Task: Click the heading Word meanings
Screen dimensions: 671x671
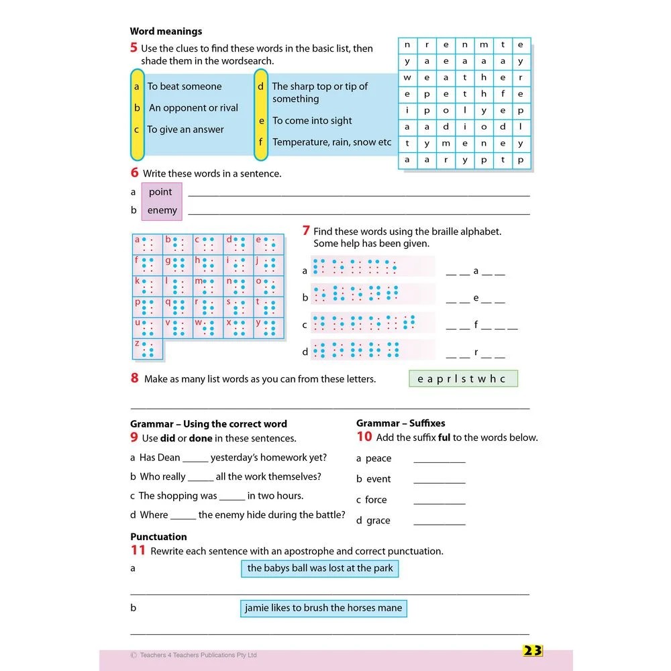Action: point(166,32)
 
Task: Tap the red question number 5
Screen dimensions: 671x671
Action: point(134,48)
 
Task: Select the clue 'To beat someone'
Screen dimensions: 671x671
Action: point(185,87)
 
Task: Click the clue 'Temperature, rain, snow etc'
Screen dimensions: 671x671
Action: point(331,142)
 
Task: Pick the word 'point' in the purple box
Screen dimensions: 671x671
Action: point(160,192)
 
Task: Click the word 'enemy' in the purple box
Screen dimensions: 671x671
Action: point(162,211)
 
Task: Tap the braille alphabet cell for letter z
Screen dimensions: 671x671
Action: point(148,349)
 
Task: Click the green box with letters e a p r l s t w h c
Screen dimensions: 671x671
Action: point(463,379)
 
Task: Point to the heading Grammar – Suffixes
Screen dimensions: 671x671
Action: point(401,423)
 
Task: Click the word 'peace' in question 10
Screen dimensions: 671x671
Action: point(378,458)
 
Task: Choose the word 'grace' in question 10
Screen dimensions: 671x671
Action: point(378,521)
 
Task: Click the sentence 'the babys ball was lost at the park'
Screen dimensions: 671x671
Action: point(321,568)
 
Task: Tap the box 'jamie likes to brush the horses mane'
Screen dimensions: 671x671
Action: point(323,609)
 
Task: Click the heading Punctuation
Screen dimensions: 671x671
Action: point(158,537)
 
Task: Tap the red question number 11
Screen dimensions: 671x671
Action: point(138,551)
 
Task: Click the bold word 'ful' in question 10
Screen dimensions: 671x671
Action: point(444,437)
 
